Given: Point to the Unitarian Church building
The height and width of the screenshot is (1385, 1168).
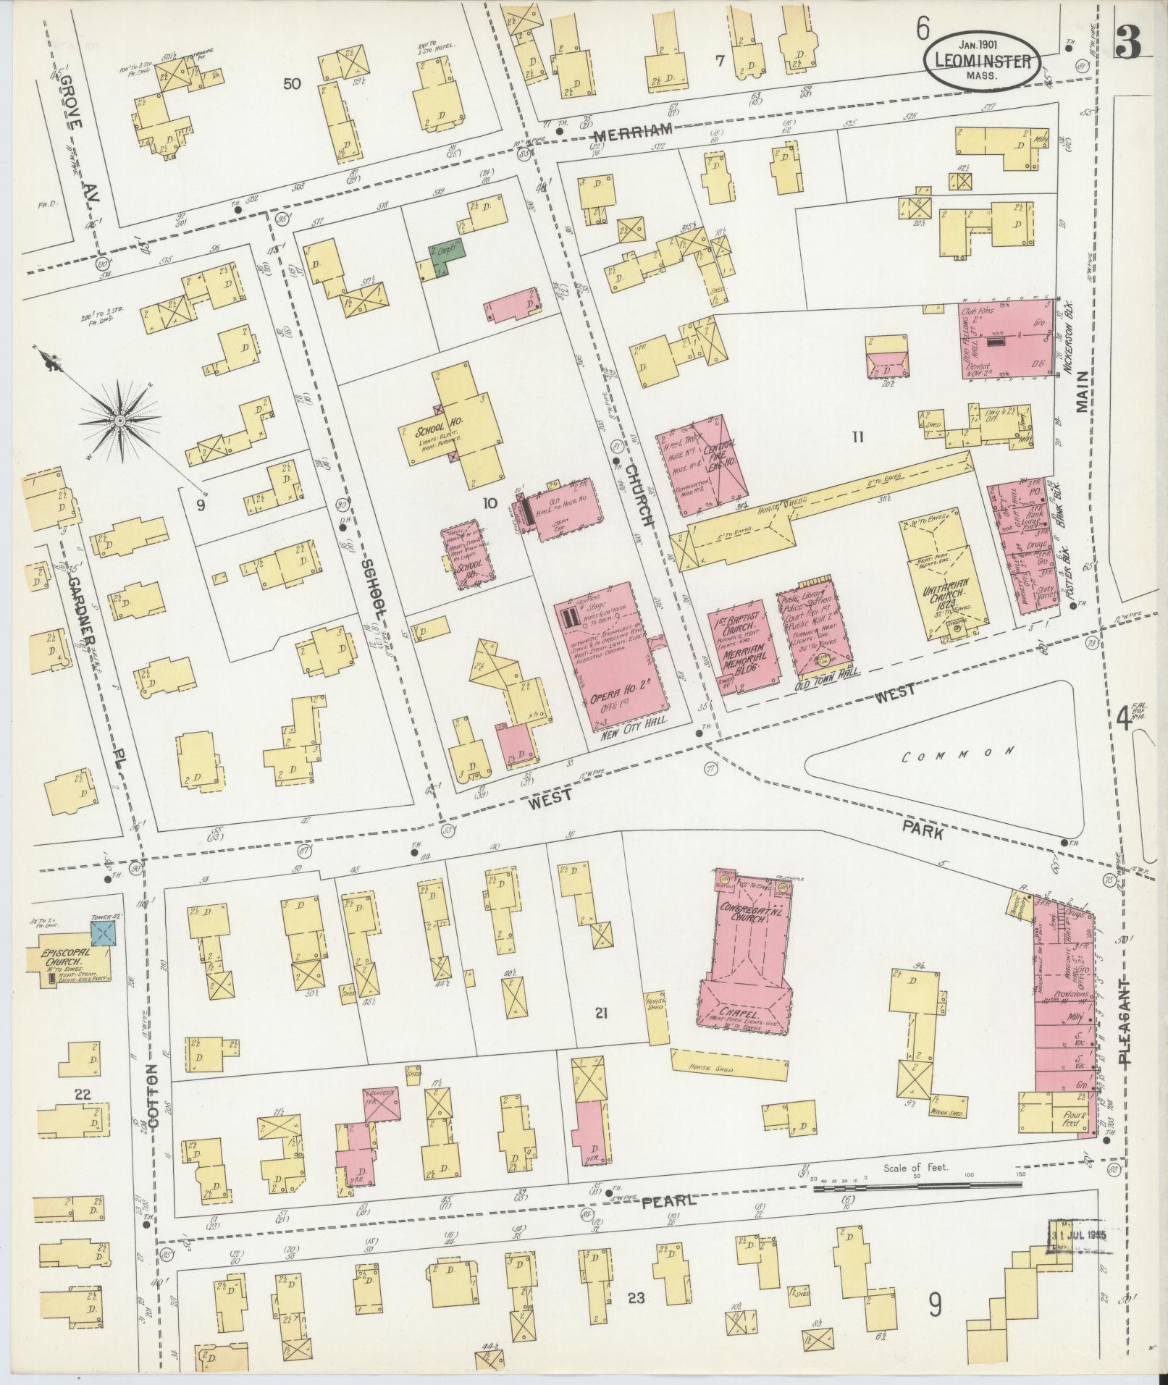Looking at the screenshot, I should pos(940,580).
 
